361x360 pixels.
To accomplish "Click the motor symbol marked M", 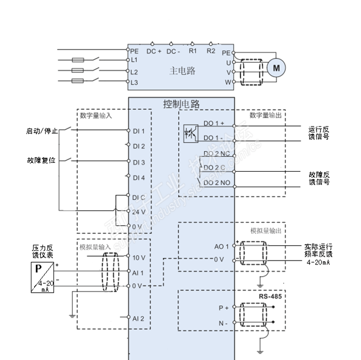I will pos(278,68).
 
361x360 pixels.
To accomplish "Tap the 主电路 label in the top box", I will pos(182,71).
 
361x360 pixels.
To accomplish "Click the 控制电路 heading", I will pos(182,103).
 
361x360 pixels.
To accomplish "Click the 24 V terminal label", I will pos(139,211).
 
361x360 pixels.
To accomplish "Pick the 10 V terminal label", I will pos(139,258).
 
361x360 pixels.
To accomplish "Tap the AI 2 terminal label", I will pos(138,319).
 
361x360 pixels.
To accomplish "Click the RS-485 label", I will pos(270,296).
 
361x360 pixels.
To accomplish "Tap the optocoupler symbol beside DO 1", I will pos(190,134).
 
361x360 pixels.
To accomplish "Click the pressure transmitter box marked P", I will pos(43,277).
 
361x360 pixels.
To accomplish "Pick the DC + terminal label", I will pos(154,51).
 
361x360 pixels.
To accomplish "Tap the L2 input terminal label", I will pos(134,72).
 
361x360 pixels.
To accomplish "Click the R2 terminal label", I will pos(211,51).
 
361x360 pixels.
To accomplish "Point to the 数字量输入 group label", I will pos(95,115).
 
